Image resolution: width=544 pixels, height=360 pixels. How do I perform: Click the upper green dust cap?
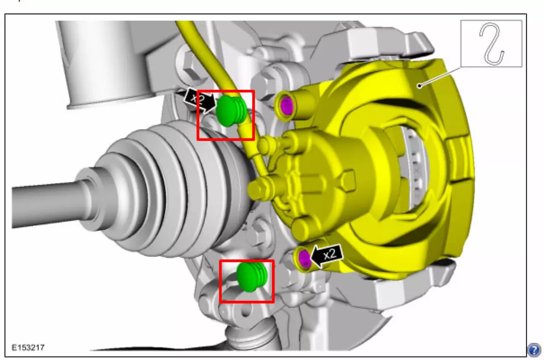(231, 111)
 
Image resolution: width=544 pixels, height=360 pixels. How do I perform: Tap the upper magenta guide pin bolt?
(286, 106)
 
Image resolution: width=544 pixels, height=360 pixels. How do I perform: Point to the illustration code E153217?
(28, 347)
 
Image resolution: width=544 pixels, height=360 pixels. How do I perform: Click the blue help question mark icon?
(534, 350)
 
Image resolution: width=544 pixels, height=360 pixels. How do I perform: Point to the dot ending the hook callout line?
(419, 86)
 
